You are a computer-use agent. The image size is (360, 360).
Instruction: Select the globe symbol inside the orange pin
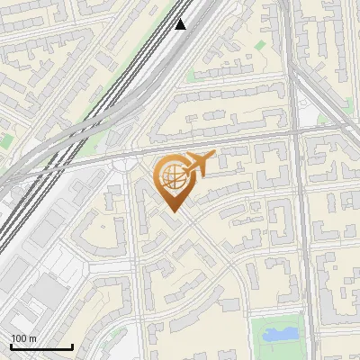click(171, 178)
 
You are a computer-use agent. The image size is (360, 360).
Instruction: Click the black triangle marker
click(181, 24)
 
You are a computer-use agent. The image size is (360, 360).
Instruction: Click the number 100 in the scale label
click(19, 338)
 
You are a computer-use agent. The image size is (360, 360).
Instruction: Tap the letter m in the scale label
click(32, 338)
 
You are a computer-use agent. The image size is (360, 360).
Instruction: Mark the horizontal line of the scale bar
click(41, 346)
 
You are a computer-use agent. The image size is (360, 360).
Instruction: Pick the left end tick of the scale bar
click(11, 345)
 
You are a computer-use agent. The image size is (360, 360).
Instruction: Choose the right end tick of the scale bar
click(72, 345)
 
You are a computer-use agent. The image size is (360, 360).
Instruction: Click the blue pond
click(279, 335)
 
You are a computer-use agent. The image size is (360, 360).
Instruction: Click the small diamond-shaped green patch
click(260, 44)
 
